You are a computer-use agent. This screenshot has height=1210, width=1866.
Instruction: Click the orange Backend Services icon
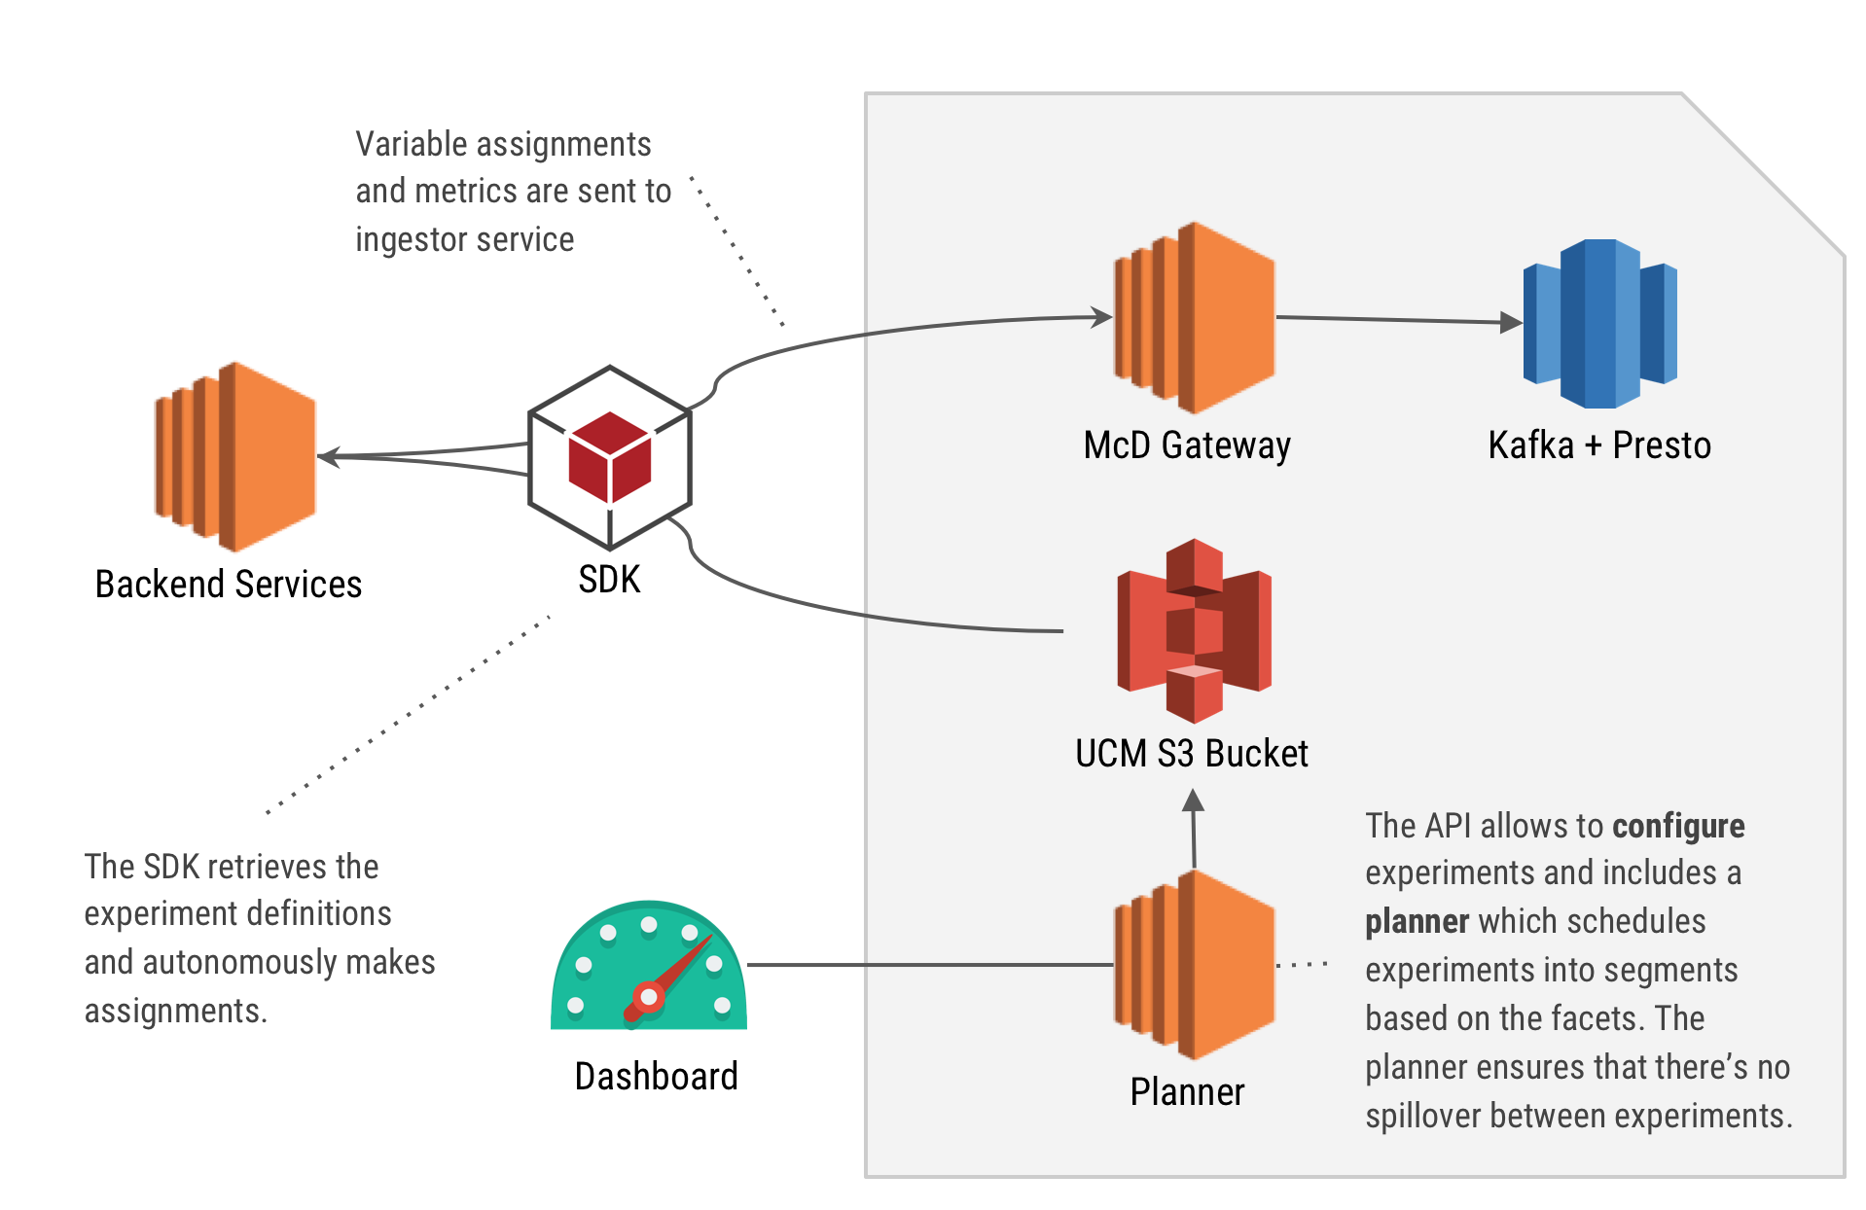coord(235,456)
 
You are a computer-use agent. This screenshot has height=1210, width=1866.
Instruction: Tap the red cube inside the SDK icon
coord(610,456)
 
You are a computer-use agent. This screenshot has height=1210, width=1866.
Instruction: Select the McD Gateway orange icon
coord(1194,317)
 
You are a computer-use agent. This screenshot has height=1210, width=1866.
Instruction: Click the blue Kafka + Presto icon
coord(1600,323)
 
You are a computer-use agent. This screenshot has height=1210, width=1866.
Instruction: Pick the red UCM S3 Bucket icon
coord(1194,630)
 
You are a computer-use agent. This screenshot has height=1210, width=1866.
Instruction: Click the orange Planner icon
coord(1194,965)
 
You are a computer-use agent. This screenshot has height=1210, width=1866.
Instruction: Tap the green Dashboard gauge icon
coord(649,968)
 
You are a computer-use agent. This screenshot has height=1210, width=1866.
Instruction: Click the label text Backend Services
coord(229,585)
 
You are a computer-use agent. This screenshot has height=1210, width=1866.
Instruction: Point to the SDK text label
coord(609,580)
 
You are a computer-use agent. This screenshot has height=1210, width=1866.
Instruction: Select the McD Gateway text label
coord(1187,445)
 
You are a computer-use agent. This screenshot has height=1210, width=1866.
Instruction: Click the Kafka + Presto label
coord(1599,445)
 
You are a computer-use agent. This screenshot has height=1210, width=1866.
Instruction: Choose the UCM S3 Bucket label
coord(1192,754)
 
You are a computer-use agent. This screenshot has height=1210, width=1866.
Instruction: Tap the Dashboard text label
coord(657,1077)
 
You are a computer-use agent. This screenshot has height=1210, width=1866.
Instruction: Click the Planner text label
coord(1187,1092)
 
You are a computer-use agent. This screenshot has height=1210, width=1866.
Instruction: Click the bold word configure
coord(1678,827)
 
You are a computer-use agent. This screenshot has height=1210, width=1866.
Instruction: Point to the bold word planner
coord(1417,922)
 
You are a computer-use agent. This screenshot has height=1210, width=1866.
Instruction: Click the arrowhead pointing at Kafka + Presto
coord(1511,322)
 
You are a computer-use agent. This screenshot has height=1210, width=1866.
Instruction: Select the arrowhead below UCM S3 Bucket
coord(1194,801)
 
